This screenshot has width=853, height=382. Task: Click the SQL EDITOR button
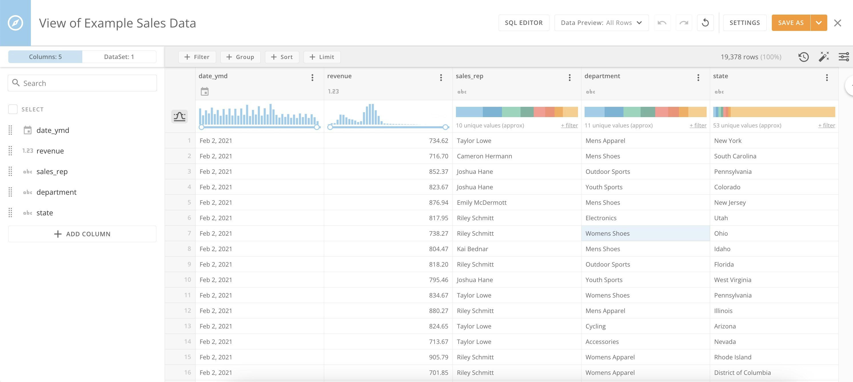(x=523, y=23)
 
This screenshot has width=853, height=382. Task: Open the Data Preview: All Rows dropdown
(x=601, y=23)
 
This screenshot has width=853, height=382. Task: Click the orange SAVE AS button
(x=790, y=23)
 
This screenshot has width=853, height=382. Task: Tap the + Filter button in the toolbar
(x=197, y=57)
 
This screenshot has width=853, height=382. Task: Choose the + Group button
(x=240, y=57)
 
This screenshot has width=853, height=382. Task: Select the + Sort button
(x=282, y=57)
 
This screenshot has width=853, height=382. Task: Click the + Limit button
(x=322, y=57)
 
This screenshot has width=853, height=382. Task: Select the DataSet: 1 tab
(x=119, y=57)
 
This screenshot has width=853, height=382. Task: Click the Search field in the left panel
(x=82, y=83)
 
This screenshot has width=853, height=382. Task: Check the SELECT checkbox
(x=13, y=109)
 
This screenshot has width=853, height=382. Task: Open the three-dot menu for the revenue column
(x=441, y=78)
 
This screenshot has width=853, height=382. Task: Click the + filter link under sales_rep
(x=569, y=125)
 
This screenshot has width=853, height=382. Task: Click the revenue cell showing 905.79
(x=438, y=357)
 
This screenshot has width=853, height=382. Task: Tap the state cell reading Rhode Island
(x=732, y=357)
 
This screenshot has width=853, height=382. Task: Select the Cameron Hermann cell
(x=484, y=156)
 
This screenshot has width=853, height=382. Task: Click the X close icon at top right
(x=838, y=23)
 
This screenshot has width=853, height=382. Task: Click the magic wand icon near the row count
(x=824, y=57)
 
